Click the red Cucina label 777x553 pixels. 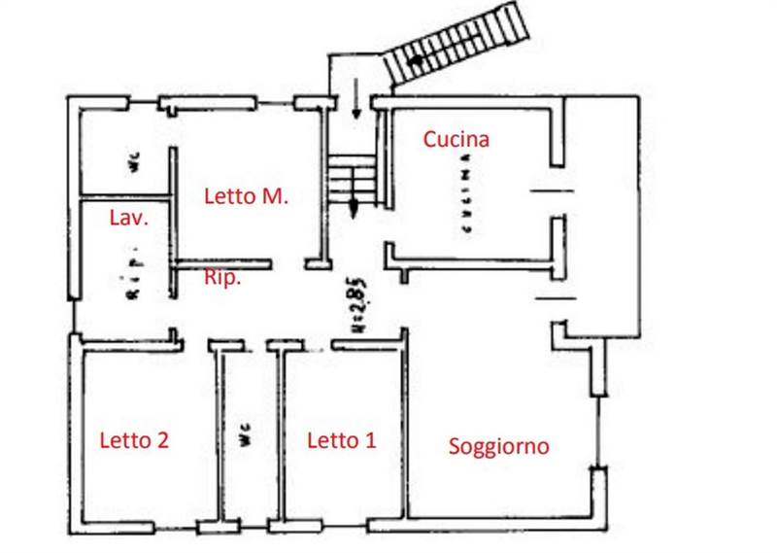pos(456,139)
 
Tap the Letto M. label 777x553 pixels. pos(247,195)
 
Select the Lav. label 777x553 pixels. pos(128,218)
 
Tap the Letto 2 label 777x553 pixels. pos(134,439)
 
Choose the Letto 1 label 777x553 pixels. pos(341,440)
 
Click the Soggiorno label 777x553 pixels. pos(498,446)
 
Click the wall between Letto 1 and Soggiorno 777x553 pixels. pos(404,432)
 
